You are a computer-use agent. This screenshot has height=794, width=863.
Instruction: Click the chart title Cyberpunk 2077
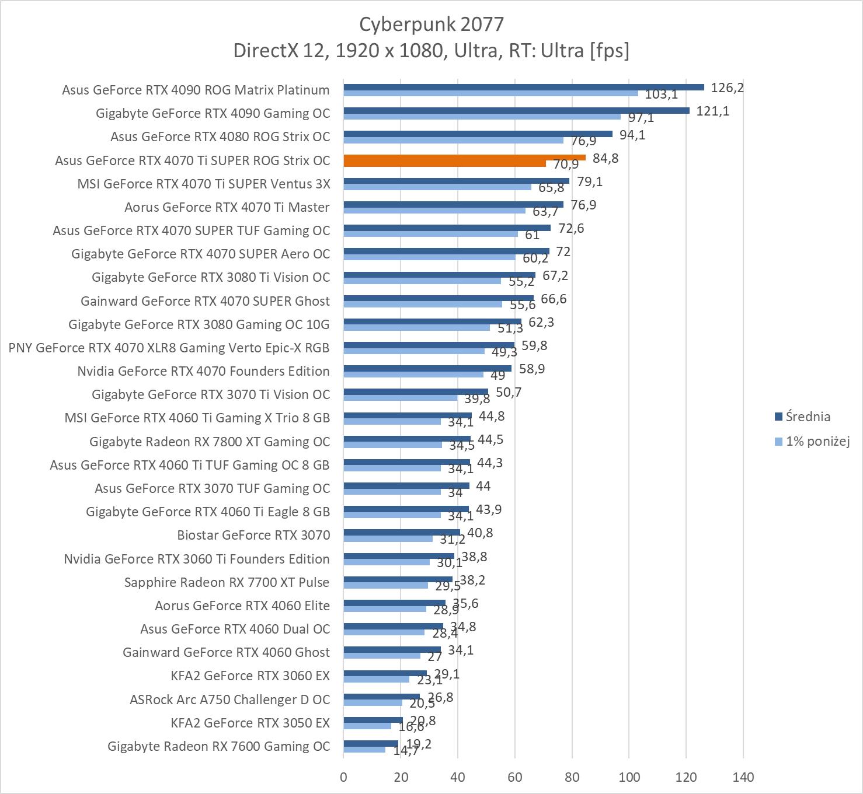(431, 24)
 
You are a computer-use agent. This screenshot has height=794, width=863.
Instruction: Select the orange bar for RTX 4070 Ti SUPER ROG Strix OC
(464, 158)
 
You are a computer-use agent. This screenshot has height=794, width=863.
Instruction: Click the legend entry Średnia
(808, 417)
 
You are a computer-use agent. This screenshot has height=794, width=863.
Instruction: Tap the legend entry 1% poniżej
(817, 441)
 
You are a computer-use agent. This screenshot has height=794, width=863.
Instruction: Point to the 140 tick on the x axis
(743, 777)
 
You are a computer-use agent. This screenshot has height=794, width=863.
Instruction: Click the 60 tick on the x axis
(514, 777)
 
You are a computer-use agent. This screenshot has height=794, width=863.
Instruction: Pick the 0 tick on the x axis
(343, 777)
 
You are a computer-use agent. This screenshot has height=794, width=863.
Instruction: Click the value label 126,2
(727, 88)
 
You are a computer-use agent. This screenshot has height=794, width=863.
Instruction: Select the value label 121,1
(712, 111)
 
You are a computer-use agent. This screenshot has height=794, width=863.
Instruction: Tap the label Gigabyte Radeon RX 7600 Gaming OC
(218, 746)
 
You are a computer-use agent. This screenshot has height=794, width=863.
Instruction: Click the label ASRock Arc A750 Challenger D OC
(229, 699)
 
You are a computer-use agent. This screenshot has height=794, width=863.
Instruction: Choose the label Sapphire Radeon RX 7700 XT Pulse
(227, 582)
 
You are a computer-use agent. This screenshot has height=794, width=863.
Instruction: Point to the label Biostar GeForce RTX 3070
(253, 535)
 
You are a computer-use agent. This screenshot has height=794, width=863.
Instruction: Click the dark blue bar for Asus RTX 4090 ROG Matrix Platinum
(523, 87)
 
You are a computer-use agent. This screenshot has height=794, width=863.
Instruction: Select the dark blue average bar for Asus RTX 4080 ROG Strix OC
(478, 134)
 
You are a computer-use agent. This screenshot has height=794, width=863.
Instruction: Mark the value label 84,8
(606, 159)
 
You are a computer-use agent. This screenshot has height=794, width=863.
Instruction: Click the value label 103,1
(661, 95)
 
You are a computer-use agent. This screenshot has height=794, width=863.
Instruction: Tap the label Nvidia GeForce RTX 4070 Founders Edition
(203, 371)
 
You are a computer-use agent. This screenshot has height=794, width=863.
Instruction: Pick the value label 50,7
(509, 393)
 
